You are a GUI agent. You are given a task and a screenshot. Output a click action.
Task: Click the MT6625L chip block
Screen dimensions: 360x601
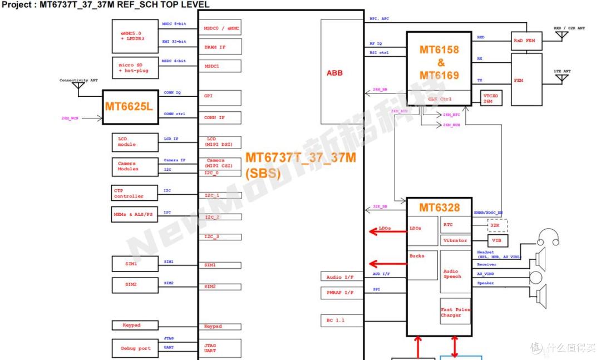tap(129, 106)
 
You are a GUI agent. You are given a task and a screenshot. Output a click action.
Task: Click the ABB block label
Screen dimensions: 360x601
tap(334, 73)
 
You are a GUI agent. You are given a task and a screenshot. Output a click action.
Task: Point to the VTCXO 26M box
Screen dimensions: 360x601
tap(487, 97)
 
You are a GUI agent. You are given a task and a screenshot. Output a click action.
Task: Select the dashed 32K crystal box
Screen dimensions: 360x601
tap(497, 225)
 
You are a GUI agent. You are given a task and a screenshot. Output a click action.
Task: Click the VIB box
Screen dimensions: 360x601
tap(497, 241)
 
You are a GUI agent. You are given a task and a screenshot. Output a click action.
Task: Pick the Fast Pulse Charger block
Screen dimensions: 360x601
tap(455, 313)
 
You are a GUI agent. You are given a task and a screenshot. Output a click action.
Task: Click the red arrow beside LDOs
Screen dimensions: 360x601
tap(387, 230)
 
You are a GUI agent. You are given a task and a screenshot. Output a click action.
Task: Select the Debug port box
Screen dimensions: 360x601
tap(135, 348)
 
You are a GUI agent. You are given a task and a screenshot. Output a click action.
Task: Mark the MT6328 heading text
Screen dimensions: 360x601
tap(439, 208)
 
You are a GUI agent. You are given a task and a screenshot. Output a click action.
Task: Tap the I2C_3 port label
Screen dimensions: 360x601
tap(220, 237)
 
